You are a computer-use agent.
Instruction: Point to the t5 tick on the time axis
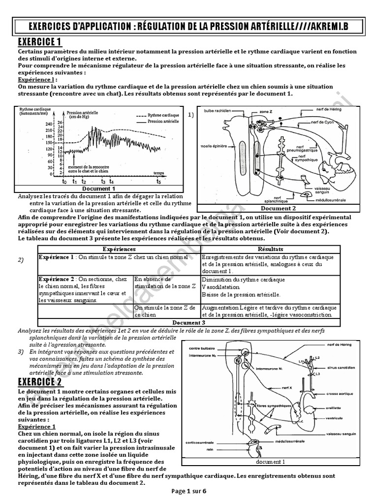point(158,181)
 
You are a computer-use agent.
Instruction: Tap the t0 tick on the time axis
point(64,181)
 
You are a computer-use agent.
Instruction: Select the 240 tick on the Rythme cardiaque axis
point(49,124)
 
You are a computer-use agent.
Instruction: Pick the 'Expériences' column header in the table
point(119,249)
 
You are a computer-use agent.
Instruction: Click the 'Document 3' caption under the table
point(189,322)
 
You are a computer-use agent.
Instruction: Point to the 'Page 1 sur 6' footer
point(189,491)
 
